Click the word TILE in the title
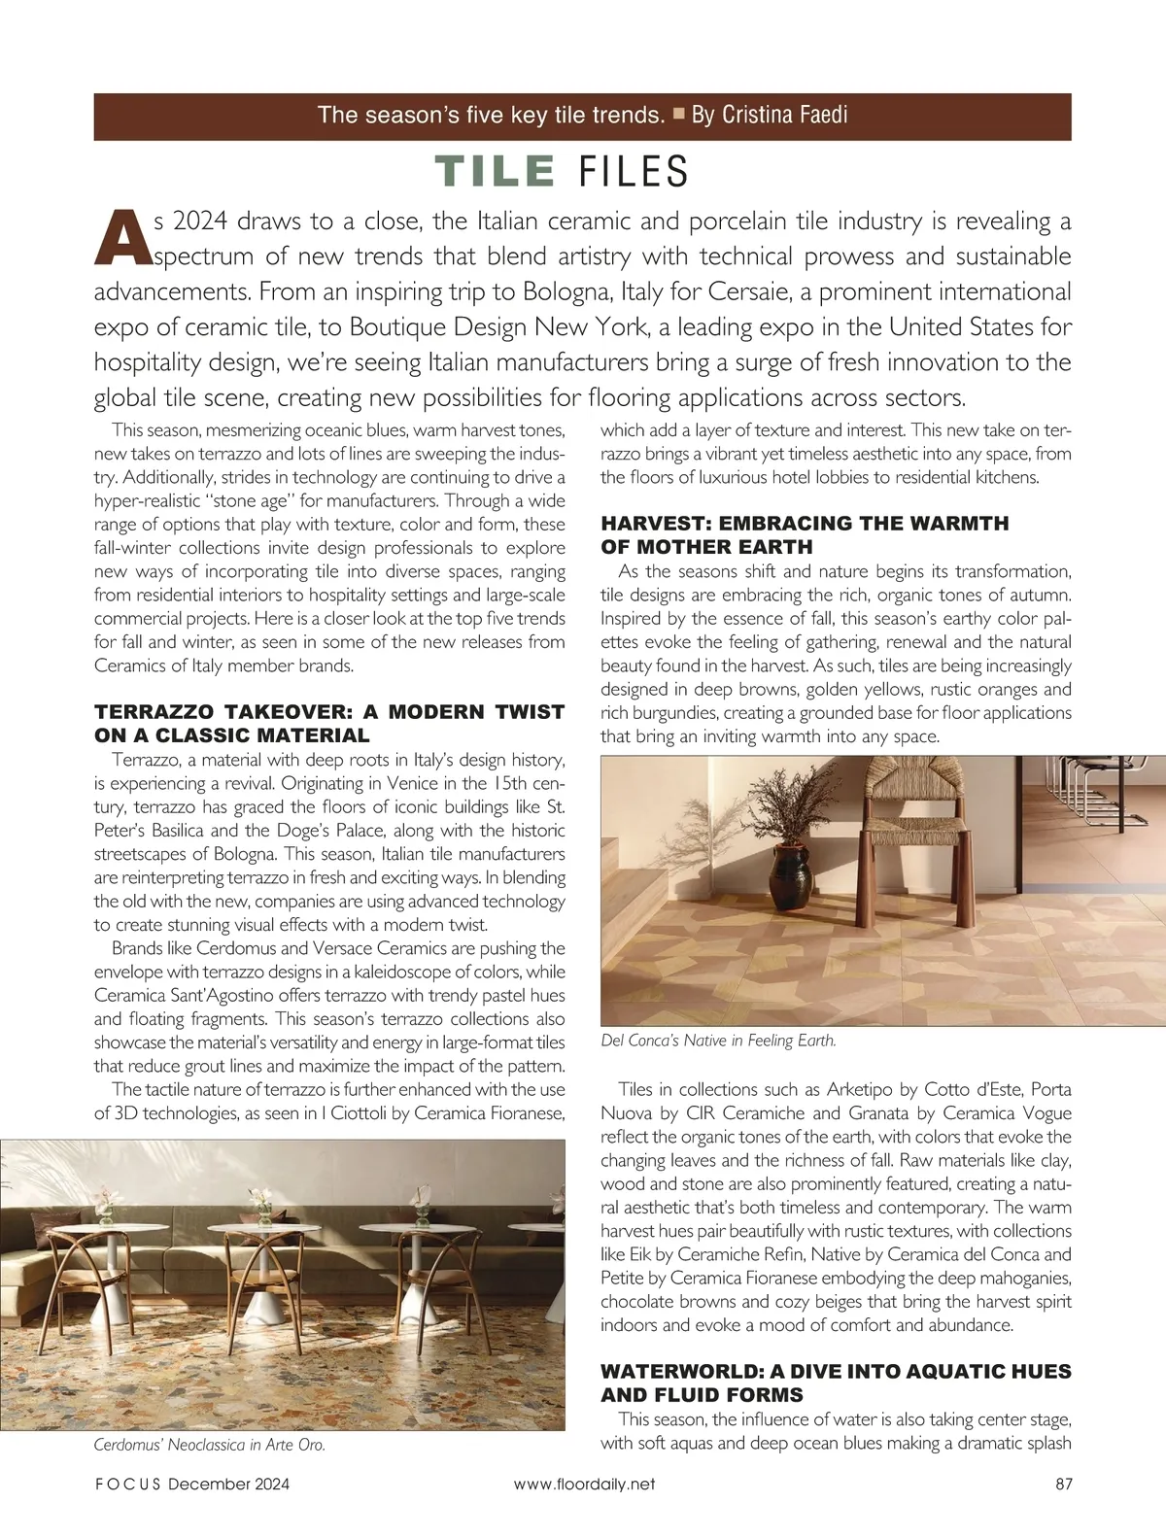495,172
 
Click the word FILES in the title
633,172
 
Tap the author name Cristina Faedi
783,115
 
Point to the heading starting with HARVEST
805,534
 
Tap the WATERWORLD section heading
836,1383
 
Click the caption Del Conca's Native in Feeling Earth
718,1041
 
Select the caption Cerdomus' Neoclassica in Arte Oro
209,1445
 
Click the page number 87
1061,1484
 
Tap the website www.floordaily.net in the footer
584,1484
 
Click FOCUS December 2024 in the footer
192,1484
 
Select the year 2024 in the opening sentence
200,222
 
